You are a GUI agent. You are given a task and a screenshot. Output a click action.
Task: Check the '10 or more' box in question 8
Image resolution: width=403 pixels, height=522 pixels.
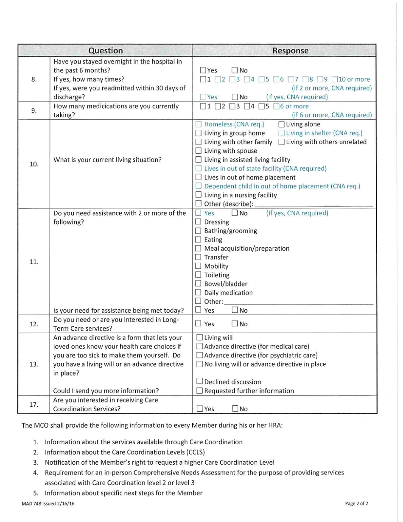pos(336,80)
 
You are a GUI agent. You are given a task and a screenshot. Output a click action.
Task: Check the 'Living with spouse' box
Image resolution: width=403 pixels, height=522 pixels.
pos(199,152)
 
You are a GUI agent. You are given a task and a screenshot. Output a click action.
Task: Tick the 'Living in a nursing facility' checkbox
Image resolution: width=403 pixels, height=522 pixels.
pos(199,195)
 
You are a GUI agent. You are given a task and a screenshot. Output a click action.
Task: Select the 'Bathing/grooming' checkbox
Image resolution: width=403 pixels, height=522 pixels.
pos(199,231)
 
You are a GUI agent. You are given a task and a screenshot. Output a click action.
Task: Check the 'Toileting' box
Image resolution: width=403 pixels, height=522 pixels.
pos(199,275)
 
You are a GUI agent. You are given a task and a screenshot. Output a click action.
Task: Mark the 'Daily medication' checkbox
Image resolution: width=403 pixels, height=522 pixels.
pos(199,293)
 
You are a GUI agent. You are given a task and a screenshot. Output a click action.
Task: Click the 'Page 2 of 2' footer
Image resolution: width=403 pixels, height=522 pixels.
pos(356,504)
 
